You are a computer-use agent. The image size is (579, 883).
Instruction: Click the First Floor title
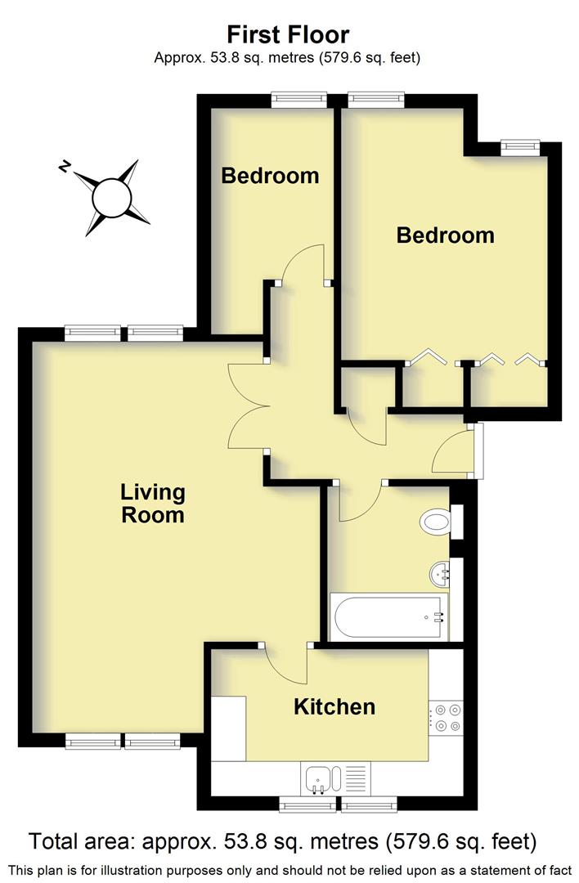click(288, 34)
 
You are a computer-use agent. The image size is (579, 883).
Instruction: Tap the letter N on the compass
click(64, 167)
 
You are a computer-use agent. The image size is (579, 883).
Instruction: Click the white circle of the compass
click(112, 198)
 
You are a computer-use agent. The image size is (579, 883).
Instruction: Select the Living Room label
click(152, 504)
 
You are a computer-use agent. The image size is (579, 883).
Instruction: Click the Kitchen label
click(334, 706)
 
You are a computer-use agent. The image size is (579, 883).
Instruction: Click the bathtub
click(387, 617)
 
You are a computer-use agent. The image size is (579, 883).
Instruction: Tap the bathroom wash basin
click(440, 574)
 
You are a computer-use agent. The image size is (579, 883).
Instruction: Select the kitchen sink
click(317, 778)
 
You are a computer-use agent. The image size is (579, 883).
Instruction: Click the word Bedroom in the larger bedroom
click(445, 235)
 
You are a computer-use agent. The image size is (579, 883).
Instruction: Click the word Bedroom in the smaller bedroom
click(269, 175)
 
